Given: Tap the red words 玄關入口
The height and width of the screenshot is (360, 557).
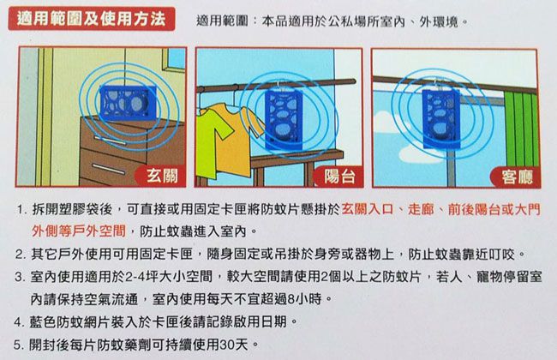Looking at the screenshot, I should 370,209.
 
